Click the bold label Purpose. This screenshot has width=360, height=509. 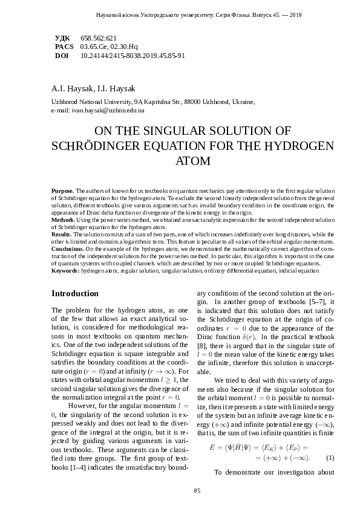pyautogui.click(x=63, y=190)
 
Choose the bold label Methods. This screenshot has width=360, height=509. pyautogui.click(x=64, y=221)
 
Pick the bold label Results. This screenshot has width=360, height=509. pyautogui.click(x=62, y=233)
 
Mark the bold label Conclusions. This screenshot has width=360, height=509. pyautogui.click(x=68, y=248)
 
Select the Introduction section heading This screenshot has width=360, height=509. pyautogui.click(x=75, y=293)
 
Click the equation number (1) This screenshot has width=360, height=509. pyautogui.click(x=330, y=457)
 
